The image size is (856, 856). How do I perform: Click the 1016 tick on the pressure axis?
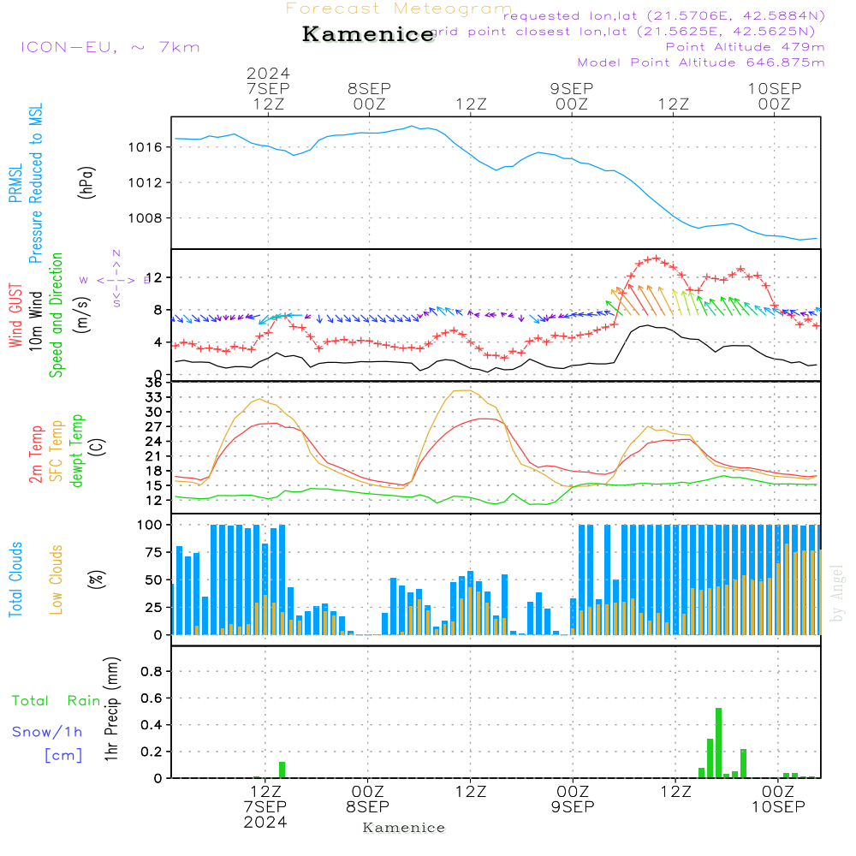tap(152, 147)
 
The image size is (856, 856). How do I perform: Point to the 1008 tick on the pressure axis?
tap(152, 217)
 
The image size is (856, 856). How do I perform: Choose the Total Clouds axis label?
tap(15, 580)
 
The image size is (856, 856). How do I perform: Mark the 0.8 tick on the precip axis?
tap(152, 672)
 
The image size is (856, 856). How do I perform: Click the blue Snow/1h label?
tap(47, 733)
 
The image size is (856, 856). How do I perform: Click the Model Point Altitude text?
tap(701, 62)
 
